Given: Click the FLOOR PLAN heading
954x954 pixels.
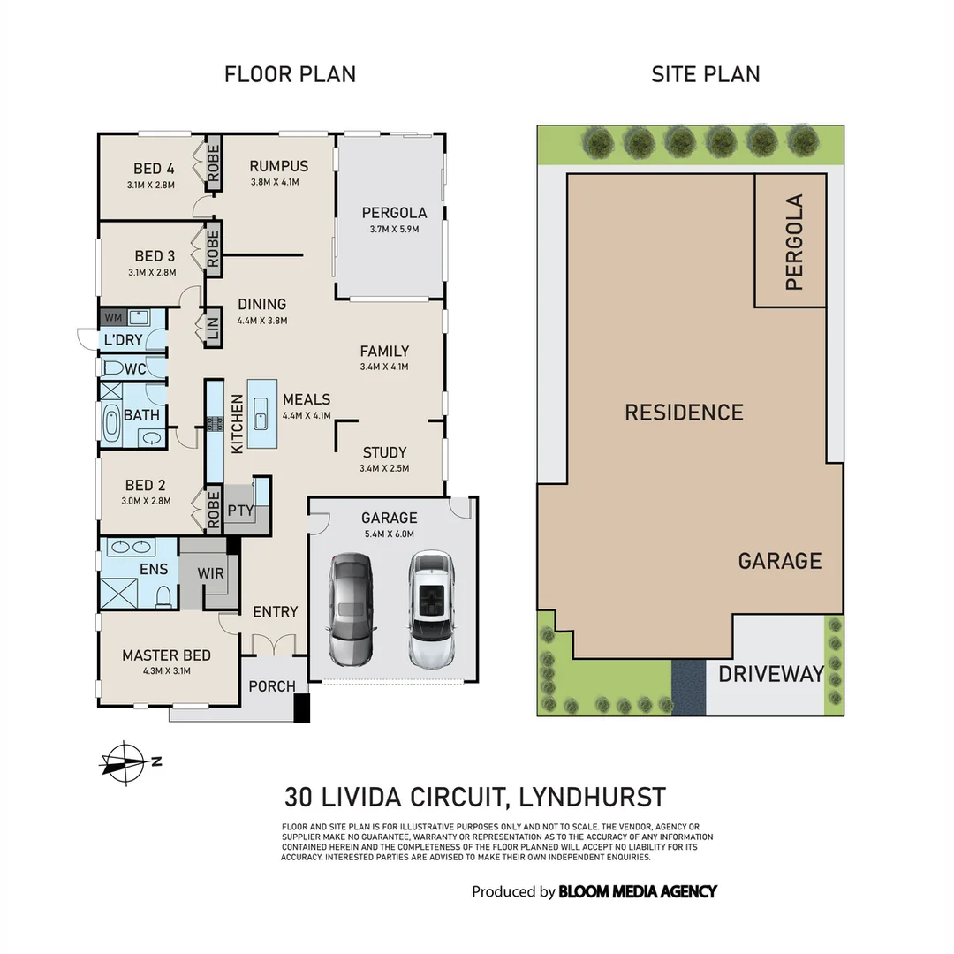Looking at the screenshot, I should pyautogui.click(x=290, y=74).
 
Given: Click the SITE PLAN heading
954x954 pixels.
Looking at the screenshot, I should pyautogui.click(x=705, y=74).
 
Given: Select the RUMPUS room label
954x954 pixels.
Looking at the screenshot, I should pyautogui.click(x=278, y=166).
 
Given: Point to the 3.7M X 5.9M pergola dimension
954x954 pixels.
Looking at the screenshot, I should pyautogui.click(x=394, y=229).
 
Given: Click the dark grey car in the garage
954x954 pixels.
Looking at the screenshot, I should pyautogui.click(x=352, y=609).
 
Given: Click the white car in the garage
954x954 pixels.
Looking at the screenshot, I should pyautogui.click(x=431, y=609).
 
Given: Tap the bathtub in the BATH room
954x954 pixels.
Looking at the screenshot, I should pyautogui.click(x=111, y=424).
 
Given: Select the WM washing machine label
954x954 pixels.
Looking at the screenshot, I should pyautogui.click(x=113, y=317).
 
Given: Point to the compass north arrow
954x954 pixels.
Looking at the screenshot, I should pyautogui.click(x=124, y=761).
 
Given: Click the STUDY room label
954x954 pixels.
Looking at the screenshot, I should pyautogui.click(x=384, y=453).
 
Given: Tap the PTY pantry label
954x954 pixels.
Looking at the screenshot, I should pyautogui.click(x=240, y=511).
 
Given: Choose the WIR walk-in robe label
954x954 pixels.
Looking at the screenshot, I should pyautogui.click(x=210, y=573).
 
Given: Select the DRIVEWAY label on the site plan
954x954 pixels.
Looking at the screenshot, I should pyautogui.click(x=770, y=674).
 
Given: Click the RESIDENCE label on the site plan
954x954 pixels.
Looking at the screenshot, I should pyautogui.click(x=684, y=413).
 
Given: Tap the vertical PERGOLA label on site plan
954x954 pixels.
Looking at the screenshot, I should pyautogui.click(x=793, y=243).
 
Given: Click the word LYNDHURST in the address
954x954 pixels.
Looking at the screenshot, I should pyautogui.click(x=592, y=798).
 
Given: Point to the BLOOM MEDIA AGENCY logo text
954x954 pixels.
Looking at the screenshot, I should pyautogui.click(x=637, y=891).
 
